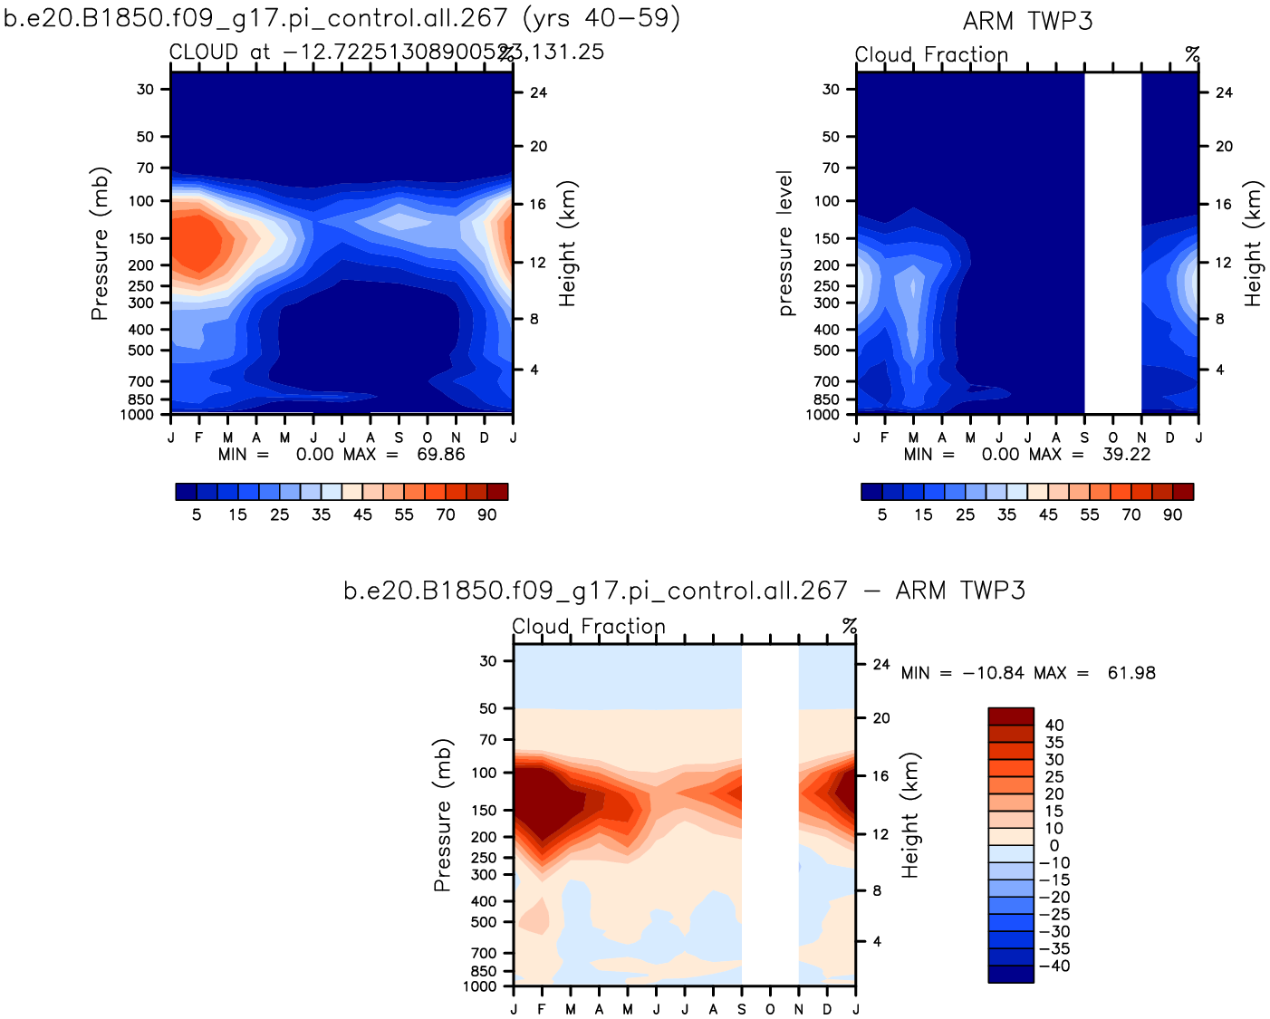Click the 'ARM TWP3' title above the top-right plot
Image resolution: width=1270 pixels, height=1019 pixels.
(x=1027, y=21)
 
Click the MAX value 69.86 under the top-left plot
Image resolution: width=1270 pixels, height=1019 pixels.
(x=440, y=454)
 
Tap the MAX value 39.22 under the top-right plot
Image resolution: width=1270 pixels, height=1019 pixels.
(x=1126, y=454)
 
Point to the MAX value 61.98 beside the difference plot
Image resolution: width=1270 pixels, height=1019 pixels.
(x=1131, y=673)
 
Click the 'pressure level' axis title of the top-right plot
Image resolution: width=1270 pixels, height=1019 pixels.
(x=785, y=243)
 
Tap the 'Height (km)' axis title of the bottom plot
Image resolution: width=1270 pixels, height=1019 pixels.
(x=910, y=815)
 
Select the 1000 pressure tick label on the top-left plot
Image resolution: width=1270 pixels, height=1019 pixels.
(x=138, y=415)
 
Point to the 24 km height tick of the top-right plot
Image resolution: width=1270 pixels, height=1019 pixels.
(x=1224, y=92)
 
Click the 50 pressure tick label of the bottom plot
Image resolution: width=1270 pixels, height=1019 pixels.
(x=488, y=708)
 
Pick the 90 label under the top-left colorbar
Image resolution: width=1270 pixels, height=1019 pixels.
(x=487, y=514)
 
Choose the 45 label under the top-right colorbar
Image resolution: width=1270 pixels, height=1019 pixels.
(x=1048, y=514)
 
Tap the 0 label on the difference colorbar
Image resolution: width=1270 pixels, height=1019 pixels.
(x=1054, y=846)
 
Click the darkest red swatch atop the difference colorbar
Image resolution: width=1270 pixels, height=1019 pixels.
(x=1010, y=716)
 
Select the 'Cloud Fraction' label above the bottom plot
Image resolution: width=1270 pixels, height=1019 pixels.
(x=589, y=627)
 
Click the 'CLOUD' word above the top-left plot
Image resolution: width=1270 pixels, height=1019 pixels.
(x=204, y=53)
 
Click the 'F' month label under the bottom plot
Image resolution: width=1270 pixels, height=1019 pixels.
(x=542, y=1009)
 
